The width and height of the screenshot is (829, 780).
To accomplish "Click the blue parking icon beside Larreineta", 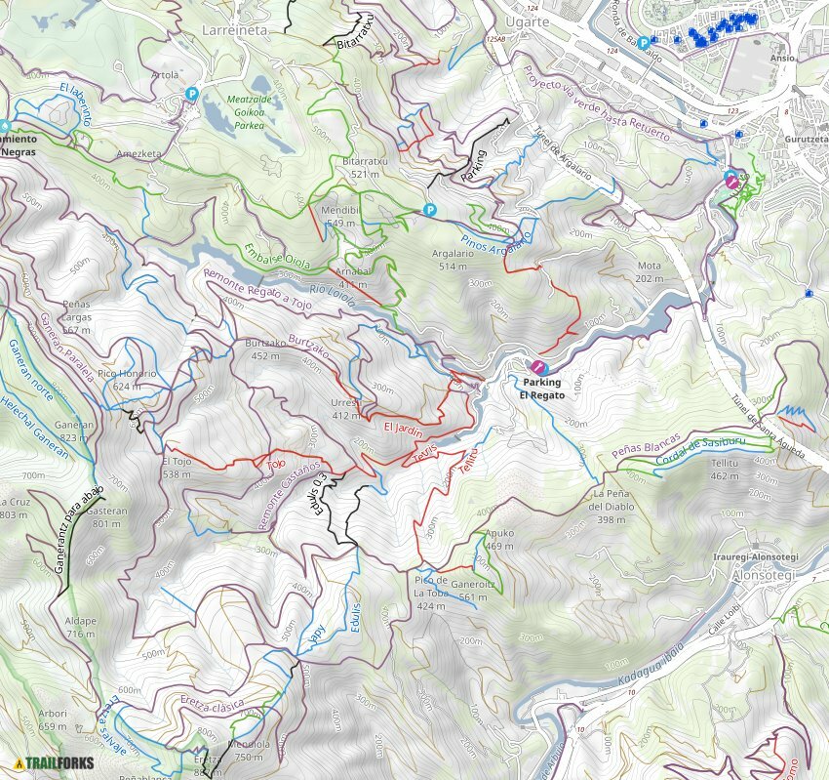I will (x=192, y=94).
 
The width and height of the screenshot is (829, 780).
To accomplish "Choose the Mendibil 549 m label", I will (x=338, y=217).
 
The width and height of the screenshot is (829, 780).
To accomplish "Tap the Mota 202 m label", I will (x=649, y=271).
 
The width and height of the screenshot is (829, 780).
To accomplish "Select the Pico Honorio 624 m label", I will (x=127, y=380).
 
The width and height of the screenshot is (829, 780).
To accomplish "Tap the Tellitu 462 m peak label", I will (x=725, y=470).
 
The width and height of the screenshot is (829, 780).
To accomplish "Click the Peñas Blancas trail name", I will (x=646, y=447).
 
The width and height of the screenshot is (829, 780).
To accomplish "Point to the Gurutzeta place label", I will (x=806, y=140).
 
